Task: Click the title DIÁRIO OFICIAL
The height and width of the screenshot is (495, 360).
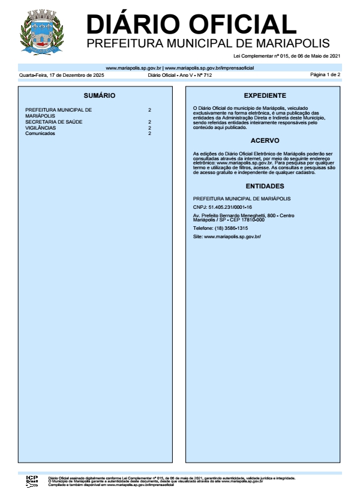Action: [191, 24]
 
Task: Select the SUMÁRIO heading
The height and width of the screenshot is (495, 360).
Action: [100, 95]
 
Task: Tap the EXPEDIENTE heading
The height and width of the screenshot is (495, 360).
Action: [265, 95]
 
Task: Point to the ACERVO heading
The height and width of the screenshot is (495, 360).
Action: [265, 141]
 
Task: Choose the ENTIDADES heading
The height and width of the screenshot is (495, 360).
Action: [265, 186]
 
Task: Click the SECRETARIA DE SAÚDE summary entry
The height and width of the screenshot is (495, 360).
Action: [54, 122]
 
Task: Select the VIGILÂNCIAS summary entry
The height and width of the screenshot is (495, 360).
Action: [41, 128]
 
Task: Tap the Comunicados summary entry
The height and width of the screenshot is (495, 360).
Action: [40, 133]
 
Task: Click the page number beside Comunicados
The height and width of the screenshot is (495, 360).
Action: [149, 133]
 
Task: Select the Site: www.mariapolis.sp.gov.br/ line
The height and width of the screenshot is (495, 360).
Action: [227, 237]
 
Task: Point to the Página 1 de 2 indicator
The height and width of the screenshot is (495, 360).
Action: [325, 75]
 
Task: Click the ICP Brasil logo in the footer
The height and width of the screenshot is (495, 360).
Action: [32, 481]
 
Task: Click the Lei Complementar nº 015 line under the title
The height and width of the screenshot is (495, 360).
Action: [296, 56]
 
